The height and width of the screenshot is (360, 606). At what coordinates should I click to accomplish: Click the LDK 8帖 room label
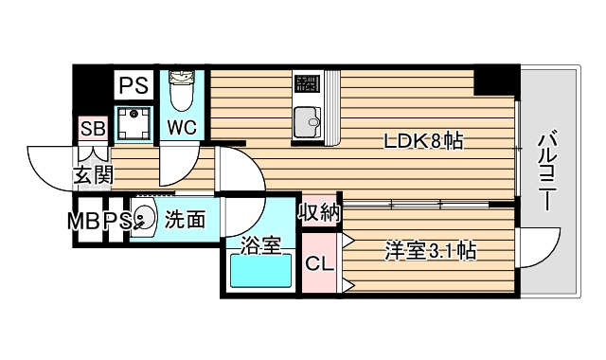[422, 141]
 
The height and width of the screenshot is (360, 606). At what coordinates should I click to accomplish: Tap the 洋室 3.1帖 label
[430, 251]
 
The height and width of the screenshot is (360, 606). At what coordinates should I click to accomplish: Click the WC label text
[183, 126]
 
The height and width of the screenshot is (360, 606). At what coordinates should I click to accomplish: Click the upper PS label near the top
[133, 86]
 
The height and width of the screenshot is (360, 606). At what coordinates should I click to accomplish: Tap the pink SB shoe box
[93, 128]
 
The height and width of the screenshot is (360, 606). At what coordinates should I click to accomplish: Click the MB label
[83, 221]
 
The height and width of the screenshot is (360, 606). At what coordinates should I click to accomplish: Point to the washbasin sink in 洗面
[142, 219]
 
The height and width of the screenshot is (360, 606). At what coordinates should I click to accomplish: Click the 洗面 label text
[186, 220]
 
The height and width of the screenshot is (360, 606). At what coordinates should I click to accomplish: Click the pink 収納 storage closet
[319, 213]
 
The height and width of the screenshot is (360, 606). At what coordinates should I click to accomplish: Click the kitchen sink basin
[308, 123]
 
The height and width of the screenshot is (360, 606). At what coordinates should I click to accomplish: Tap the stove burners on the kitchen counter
[308, 86]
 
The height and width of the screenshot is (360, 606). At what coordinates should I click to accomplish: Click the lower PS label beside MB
[116, 221]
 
